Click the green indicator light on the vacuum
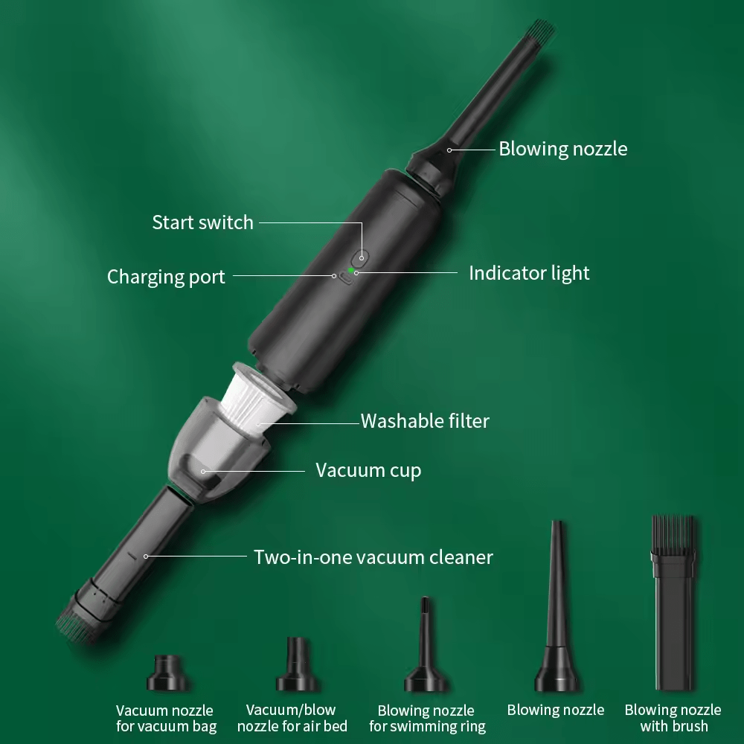point(351,271)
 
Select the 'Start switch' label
point(202,222)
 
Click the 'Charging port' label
point(166,277)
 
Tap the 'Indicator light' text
point(529,273)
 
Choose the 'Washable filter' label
point(425,421)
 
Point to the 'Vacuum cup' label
point(368,470)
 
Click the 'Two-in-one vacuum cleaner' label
point(373,557)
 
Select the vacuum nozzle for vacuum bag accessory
point(167,673)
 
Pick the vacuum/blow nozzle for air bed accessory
point(298,664)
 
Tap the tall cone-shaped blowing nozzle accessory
point(557,606)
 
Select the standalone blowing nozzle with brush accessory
point(674,603)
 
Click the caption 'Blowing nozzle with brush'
point(673,718)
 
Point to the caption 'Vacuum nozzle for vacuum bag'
point(166,719)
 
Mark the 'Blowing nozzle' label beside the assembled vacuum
point(562,149)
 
